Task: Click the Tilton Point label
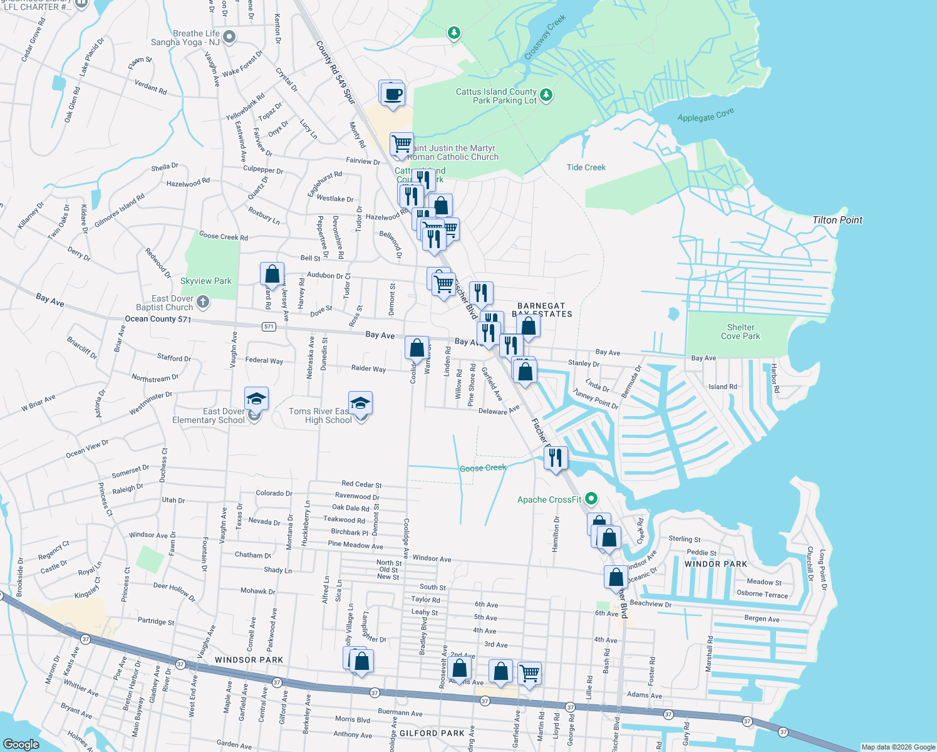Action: coord(837,220)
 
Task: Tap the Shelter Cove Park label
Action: coord(740,332)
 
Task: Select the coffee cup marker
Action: coord(393,95)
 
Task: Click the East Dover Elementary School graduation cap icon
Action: coord(256,399)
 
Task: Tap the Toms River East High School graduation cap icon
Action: coord(360,403)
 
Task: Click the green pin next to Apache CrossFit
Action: coord(591,499)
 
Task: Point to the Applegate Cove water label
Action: coord(705,116)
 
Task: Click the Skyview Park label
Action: coord(205,281)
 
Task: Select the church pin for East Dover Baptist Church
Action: coord(202,303)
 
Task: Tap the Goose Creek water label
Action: coord(482,468)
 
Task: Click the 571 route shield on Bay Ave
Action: coord(269,326)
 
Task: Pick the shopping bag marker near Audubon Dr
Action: coord(272,274)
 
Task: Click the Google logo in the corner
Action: coord(21,744)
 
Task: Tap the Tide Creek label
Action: coord(586,167)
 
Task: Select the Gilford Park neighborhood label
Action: coord(432,733)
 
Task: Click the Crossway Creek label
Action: coord(545,38)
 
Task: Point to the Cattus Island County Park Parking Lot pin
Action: coord(546,95)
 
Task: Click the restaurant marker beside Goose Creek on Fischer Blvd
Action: coord(555,458)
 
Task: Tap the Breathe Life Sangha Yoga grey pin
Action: coord(229,37)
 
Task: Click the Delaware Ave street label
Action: coord(499,411)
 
